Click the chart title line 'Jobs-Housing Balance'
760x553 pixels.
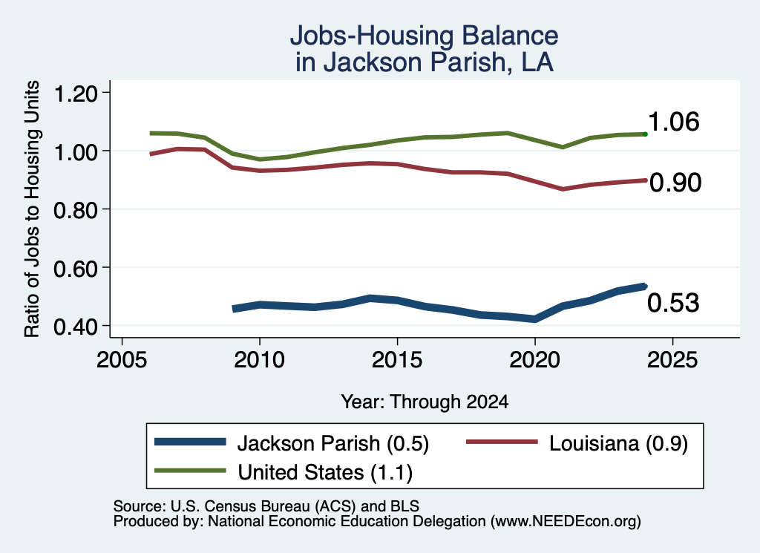[424, 36]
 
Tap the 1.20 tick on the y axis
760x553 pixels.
[76, 94]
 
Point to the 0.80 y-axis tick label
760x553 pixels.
[76, 210]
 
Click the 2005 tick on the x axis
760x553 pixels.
[122, 360]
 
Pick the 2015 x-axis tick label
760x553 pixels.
[397, 360]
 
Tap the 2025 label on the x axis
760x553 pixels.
[672, 360]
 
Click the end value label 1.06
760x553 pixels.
[674, 122]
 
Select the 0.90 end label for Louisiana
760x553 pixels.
[675, 183]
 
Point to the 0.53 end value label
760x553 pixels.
[673, 303]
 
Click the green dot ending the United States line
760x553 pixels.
[645, 134]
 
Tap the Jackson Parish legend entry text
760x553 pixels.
[333, 443]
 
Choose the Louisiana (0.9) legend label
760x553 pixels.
[618, 443]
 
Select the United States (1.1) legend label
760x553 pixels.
[325, 473]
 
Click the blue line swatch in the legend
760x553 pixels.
[190, 442]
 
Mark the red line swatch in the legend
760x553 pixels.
[502, 442]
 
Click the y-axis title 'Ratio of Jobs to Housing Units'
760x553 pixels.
[32, 209]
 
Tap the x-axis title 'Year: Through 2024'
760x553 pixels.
[425, 402]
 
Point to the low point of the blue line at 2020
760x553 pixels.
[534, 319]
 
